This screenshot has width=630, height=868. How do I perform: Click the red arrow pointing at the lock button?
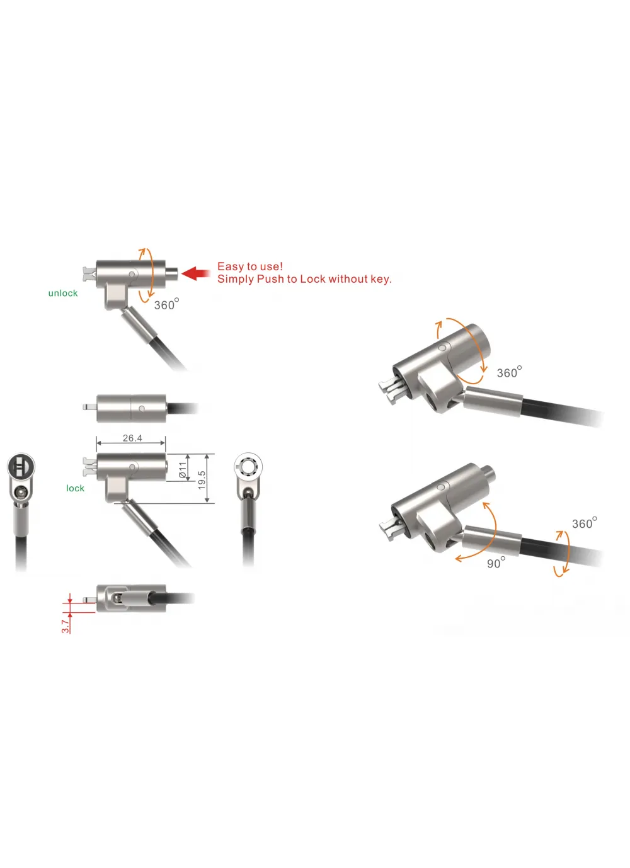pos(196,273)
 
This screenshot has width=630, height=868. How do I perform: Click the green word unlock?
pos(63,293)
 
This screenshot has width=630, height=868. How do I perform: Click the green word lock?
pos(75,488)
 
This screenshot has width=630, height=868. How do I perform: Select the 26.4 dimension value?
pos(132,438)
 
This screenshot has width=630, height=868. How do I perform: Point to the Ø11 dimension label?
pos(182,470)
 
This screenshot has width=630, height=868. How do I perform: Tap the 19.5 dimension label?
pos(201,480)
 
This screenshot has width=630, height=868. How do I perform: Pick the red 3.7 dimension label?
pos(65,625)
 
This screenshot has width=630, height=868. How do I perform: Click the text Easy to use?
pos(250,266)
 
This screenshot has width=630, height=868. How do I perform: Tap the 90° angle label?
pos(496,562)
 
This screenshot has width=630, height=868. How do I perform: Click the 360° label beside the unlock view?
pos(166,304)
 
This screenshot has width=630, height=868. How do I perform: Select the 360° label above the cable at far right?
pos(584,523)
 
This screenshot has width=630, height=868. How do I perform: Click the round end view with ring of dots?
pos(248,467)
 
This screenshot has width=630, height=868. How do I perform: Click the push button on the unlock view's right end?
pos(171,273)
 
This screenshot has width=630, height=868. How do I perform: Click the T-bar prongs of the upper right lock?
pos(390,391)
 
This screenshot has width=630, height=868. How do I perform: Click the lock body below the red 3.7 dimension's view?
pos(131,598)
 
